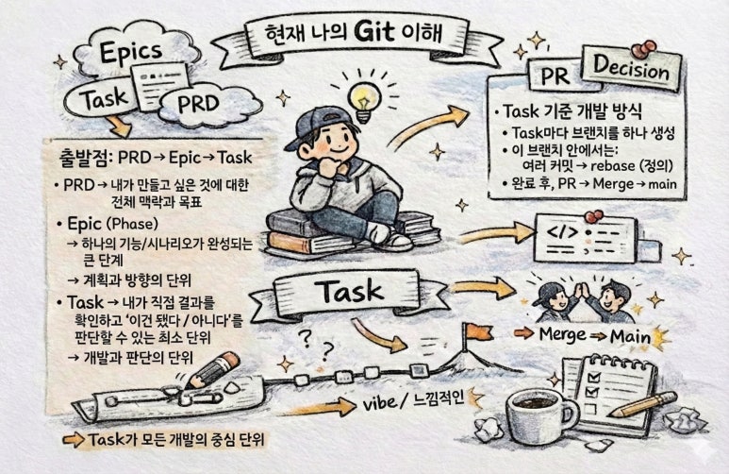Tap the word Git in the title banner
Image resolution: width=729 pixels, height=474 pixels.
(373, 31)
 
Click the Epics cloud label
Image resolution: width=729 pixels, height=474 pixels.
(131, 52)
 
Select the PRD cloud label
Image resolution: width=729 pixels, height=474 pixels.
(199, 103)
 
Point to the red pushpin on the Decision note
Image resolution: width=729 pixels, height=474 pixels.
(644, 49)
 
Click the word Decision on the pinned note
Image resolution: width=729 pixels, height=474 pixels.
(631, 68)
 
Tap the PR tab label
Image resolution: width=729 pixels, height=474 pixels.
(555, 76)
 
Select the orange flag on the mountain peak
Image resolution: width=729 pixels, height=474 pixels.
(478, 331)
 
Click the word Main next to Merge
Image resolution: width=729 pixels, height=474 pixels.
(630, 337)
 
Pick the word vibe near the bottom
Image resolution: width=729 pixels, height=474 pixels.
(379, 403)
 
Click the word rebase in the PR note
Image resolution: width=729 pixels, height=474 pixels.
(612, 166)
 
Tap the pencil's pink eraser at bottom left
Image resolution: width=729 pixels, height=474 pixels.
(229, 361)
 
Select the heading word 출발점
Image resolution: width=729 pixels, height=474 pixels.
(86, 158)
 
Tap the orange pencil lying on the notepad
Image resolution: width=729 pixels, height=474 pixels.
(643, 404)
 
